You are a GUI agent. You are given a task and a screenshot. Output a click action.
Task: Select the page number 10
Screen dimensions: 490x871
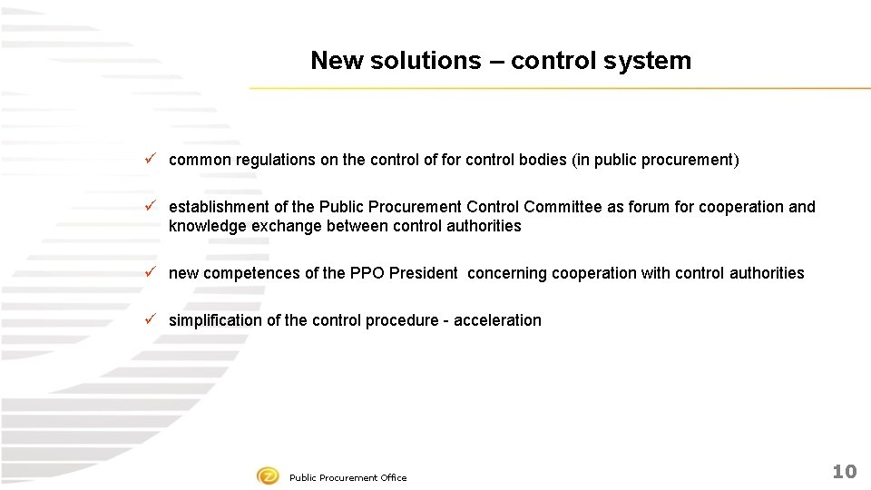click(x=844, y=471)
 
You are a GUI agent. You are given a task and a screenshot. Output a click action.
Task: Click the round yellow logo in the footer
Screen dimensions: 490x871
click(x=268, y=476)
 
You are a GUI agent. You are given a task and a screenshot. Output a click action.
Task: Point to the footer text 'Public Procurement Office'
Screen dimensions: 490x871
click(x=347, y=477)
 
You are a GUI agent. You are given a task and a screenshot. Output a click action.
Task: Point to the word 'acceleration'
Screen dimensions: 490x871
click(x=497, y=320)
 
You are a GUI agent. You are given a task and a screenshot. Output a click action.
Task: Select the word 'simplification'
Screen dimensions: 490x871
click(x=215, y=320)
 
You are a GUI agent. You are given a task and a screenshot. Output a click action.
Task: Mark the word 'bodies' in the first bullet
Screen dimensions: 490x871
click(x=543, y=161)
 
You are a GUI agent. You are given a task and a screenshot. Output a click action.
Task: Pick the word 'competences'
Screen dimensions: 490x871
click(x=243, y=273)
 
